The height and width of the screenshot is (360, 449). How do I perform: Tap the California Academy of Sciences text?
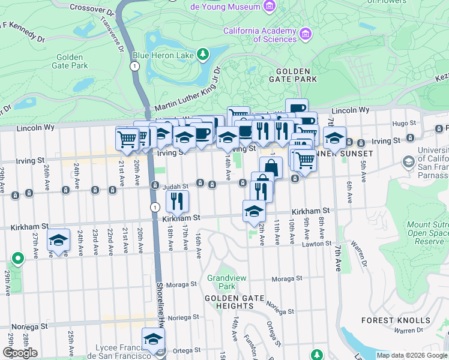tap(259, 35)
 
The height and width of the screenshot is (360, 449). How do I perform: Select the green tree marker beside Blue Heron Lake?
tap(203, 55)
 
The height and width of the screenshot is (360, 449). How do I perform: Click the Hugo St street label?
tap(400, 123)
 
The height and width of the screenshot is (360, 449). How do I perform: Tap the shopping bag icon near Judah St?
tap(271, 167)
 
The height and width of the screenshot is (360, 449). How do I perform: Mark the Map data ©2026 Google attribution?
tap(412, 355)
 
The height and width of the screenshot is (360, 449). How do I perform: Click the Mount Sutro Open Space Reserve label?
tap(427, 233)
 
